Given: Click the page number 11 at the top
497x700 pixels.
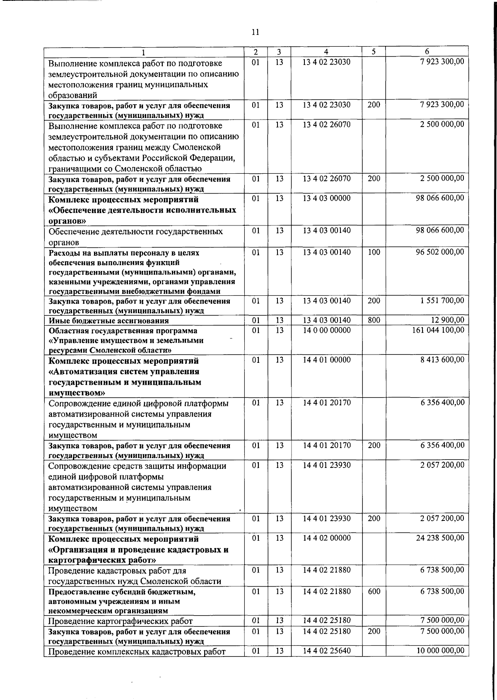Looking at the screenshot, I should pos(255,32).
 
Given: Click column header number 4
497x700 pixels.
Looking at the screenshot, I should pos(326,52).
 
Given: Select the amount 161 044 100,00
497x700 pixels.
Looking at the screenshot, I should pos(438,330).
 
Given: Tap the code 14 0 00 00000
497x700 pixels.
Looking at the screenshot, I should pos(326,330).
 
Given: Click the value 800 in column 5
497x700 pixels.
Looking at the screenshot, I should pos(374,320).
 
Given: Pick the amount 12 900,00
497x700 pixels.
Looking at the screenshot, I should pos(446,320).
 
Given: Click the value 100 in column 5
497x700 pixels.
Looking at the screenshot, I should pos(374,252).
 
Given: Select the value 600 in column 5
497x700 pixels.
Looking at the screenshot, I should pos(374,591).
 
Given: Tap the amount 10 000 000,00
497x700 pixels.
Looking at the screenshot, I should pos(440,651).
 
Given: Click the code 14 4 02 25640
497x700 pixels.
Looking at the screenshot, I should pos(326,651).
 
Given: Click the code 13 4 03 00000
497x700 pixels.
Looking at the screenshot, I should pos(326,198).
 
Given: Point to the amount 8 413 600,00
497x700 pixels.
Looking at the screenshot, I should pos(442,360).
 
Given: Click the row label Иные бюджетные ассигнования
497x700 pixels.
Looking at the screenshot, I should pos(109,321).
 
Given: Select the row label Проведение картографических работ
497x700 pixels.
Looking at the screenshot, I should pos(121,621).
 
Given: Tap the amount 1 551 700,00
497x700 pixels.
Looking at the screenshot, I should pos(442,301).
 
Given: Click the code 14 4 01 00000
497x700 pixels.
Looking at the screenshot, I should pos(326,360).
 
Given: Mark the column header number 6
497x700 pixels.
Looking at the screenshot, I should pos(427,52).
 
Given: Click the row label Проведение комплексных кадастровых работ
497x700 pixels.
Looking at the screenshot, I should pos(137,652).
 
